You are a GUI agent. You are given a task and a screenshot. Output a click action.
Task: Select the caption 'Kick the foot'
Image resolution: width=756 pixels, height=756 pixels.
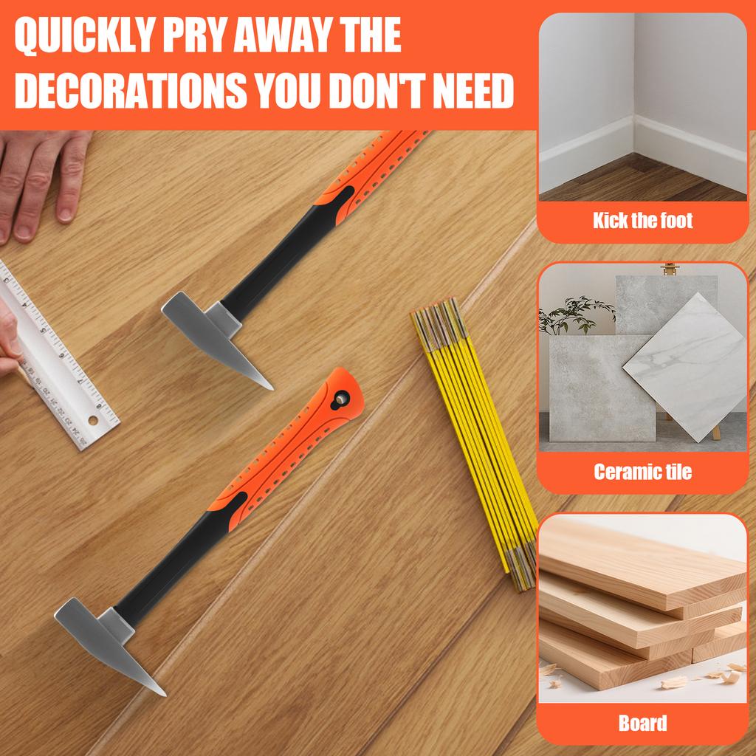642,220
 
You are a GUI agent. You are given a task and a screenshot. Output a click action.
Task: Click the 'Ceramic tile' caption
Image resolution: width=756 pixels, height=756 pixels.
642,471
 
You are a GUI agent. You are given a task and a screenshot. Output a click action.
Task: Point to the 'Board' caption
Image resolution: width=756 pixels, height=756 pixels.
642,722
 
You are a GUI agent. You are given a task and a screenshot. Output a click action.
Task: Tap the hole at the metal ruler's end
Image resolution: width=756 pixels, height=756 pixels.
92,420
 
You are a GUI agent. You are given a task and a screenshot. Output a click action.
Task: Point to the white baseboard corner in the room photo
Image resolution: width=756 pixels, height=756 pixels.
633,137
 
